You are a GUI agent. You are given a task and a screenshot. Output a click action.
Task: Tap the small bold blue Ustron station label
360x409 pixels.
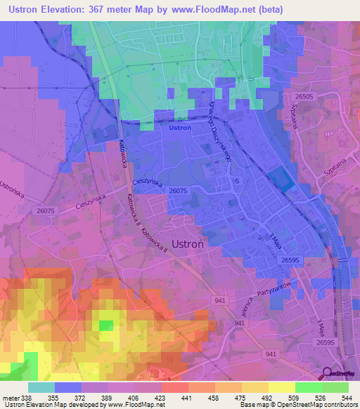click(180, 127)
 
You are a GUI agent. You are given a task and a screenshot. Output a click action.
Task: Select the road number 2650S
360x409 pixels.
click(308, 96)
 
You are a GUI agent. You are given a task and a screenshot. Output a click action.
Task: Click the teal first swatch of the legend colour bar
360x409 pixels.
click(41, 387)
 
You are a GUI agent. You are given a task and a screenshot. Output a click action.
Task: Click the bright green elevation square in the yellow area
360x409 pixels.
click(105, 325)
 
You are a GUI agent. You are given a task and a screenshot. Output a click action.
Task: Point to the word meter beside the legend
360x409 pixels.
click(11, 398)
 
